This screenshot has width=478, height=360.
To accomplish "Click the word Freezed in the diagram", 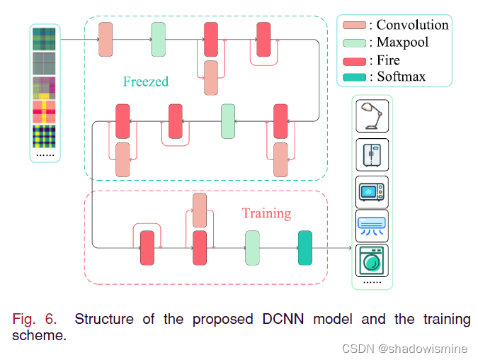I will [146, 81].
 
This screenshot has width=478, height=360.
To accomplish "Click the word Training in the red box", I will [266, 213].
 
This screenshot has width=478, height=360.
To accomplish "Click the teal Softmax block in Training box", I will [305, 248].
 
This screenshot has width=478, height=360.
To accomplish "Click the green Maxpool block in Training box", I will [253, 248].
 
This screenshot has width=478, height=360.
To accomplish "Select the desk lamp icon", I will [372, 116].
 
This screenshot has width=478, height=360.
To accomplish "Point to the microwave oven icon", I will [372, 191].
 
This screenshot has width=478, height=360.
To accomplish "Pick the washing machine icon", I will [372, 261].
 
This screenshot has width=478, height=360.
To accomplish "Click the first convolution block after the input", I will [106, 39].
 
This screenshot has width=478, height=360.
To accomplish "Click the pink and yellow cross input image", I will [46, 112].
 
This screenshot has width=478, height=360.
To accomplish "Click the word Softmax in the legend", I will [402, 76].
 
